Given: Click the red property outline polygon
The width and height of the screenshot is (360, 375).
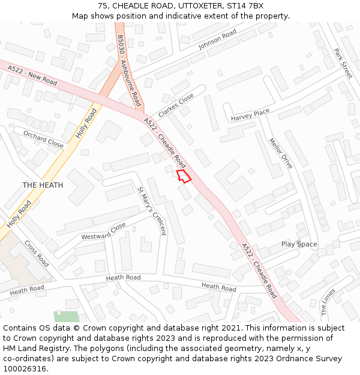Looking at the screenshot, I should (184, 176).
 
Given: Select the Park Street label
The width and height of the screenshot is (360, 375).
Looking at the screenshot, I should (343, 64).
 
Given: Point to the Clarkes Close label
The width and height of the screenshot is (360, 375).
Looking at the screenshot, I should (176, 106).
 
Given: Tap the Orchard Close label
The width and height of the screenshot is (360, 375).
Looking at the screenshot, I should (43, 140).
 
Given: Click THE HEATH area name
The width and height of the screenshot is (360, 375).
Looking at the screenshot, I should (43, 185).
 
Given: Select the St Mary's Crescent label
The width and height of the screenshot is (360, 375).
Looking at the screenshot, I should (151, 211).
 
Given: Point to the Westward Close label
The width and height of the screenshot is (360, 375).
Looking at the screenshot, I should (104, 231).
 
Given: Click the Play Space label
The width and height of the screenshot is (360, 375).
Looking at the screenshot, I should (299, 244).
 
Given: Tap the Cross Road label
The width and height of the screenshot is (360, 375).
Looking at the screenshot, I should (37, 254).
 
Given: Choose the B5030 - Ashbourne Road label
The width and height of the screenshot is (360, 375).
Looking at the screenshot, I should (129, 70).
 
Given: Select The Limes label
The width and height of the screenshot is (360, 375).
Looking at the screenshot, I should (328, 302).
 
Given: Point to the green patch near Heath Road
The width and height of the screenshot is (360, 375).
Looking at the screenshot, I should (66, 316).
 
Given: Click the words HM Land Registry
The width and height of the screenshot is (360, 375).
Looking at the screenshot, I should (34, 348).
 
